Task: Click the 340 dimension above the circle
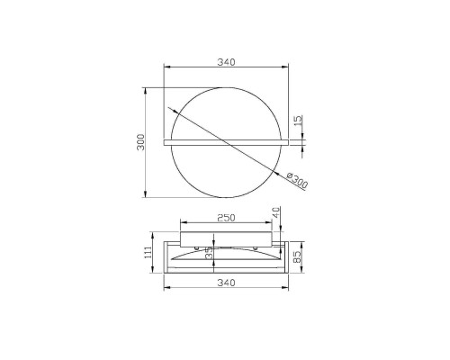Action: [x=226, y=62]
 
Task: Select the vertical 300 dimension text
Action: [x=140, y=142]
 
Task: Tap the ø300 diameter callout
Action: [x=297, y=180]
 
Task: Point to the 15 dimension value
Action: [x=298, y=120]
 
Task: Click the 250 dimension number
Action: [x=226, y=218]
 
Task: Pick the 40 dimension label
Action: [x=276, y=212]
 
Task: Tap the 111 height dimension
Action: [x=148, y=254]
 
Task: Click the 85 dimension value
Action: [x=297, y=256]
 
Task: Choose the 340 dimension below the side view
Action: [x=226, y=283]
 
